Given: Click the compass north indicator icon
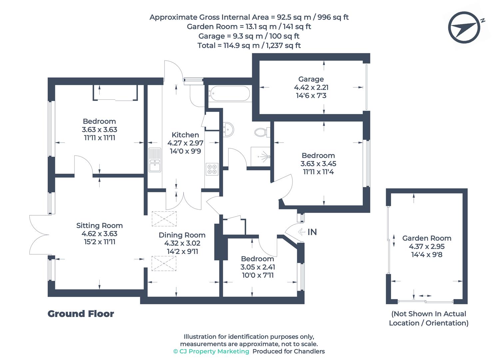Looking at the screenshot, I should [x=464, y=28].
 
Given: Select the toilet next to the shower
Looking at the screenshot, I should [x=261, y=132].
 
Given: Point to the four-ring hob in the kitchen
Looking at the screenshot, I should [x=212, y=169].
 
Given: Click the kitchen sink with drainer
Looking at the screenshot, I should [x=155, y=160].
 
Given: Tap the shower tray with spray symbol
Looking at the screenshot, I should [x=260, y=155].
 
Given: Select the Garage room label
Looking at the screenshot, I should [x=311, y=79].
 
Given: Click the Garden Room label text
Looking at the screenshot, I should [x=427, y=238].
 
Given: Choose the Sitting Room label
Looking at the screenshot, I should [x=99, y=225].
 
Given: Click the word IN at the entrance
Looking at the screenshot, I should [x=312, y=232].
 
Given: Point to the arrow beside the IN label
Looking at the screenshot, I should [x=301, y=232].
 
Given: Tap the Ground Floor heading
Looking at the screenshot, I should [x=81, y=314].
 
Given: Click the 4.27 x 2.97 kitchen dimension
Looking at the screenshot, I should [x=185, y=143].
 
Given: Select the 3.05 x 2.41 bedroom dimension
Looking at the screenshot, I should [x=257, y=267].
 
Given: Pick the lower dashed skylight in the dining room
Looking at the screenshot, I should [x=164, y=263].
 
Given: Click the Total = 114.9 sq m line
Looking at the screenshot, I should [x=249, y=45].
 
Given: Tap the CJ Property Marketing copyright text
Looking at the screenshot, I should [x=211, y=351].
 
